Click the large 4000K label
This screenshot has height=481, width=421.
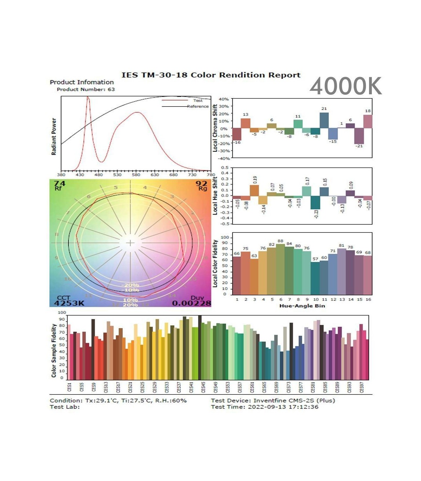(346, 86)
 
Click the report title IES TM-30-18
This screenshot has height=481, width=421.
(210, 75)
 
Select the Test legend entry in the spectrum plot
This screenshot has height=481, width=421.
(198, 101)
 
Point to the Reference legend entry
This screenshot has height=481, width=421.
(198, 106)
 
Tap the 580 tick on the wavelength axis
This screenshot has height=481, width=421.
(136, 175)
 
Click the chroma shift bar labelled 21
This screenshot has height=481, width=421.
(324, 120)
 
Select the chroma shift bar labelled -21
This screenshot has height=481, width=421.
(359, 136)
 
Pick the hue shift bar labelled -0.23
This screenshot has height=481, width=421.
(315, 203)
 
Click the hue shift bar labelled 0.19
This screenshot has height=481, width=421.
(254, 190)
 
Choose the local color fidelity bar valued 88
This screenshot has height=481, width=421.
(280, 269)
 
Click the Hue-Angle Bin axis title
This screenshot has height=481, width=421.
(302, 306)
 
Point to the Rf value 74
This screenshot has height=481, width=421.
(60, 183)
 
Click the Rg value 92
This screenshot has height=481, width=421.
(201, 183)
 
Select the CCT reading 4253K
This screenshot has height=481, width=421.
(69, 303)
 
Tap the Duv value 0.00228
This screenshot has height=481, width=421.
(192, 303)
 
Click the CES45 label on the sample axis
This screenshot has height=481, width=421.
(203, 387)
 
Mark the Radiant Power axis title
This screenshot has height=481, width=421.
(54, 136)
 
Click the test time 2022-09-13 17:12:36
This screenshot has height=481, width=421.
(283, 407)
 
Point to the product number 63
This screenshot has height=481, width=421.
(111, 89)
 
